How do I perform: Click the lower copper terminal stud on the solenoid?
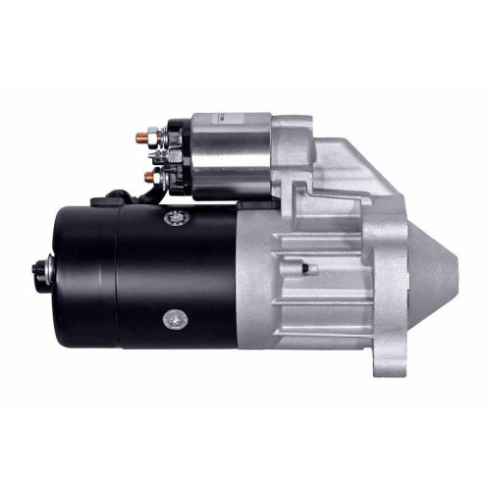tap(148, 178)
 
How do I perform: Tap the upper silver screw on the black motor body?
tap(176, 215)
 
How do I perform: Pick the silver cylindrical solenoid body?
tap(231, 157)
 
